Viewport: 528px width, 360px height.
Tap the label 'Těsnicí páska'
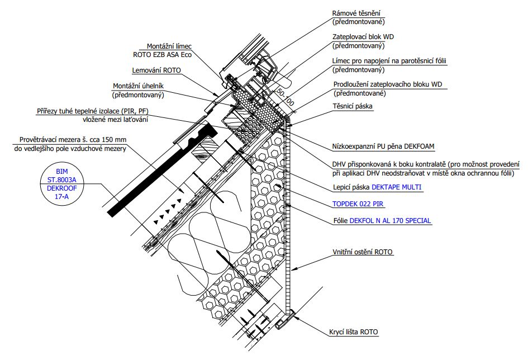353,106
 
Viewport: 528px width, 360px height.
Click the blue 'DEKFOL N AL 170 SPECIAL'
390,220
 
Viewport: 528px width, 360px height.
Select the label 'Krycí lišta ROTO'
354,332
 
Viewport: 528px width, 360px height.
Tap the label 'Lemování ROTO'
156,70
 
